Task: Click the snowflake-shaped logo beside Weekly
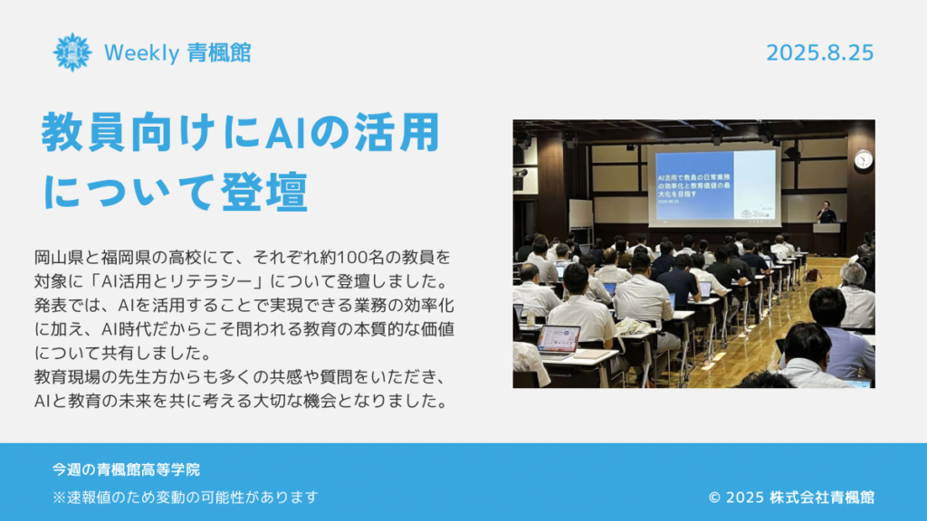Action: tap(72, 52)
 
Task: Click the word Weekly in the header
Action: tap(141, 53)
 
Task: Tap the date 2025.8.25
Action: tap(819, 53)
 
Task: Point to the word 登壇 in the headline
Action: tap(264, 192)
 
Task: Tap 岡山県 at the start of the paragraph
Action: tap(59, 258)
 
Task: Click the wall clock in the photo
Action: tap(863, 159)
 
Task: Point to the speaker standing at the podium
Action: tap(826, 212)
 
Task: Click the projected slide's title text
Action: tap(693, 185)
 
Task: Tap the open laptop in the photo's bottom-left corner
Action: tap(558, 341)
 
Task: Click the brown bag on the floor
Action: tap(814, 275)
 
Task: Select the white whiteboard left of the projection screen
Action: tap(580, 213)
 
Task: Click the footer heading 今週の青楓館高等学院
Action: tap(126, 469)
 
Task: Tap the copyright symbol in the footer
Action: tap(714, 497)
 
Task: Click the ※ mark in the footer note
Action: tap(59, 497)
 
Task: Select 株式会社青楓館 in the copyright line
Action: tap(822, 497)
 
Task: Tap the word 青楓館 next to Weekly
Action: tap(219, 53)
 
